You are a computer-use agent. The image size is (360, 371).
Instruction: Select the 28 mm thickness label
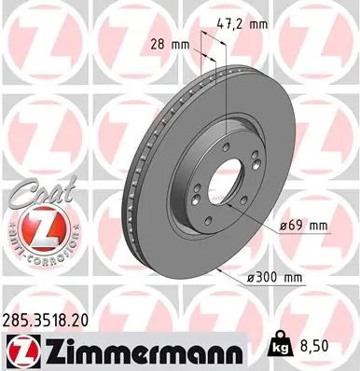point(163,44)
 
